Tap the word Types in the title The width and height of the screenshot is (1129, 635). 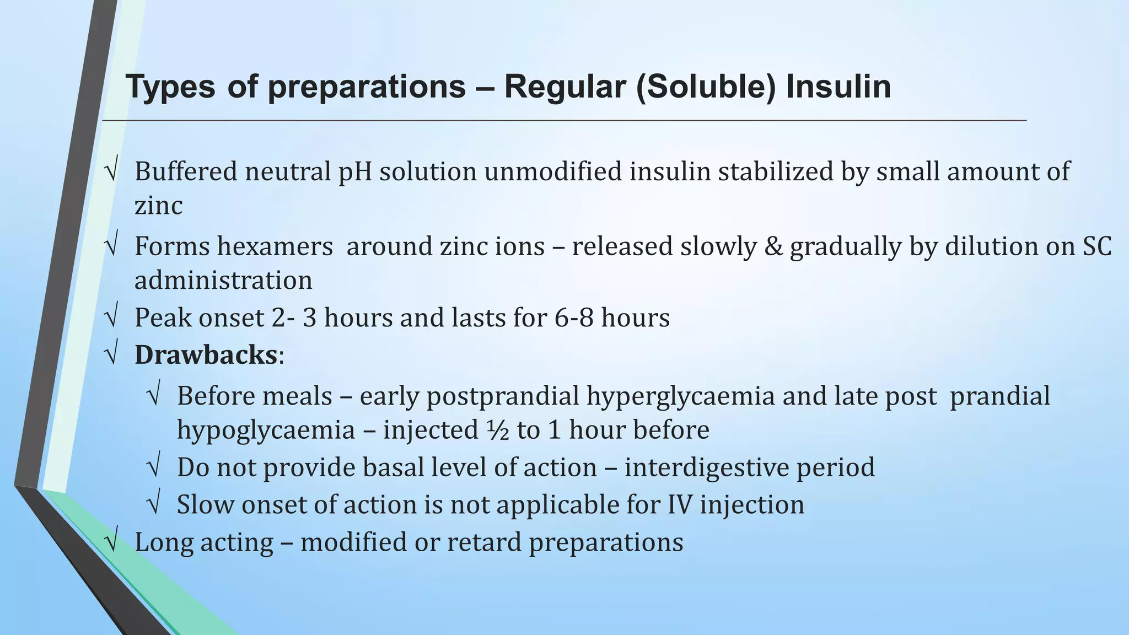[170, 87]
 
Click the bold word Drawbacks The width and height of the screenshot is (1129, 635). [206, 354]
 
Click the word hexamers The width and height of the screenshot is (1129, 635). [275, 246]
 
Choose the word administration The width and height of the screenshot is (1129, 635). [223, 280]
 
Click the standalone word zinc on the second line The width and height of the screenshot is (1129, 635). [158, 206]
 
